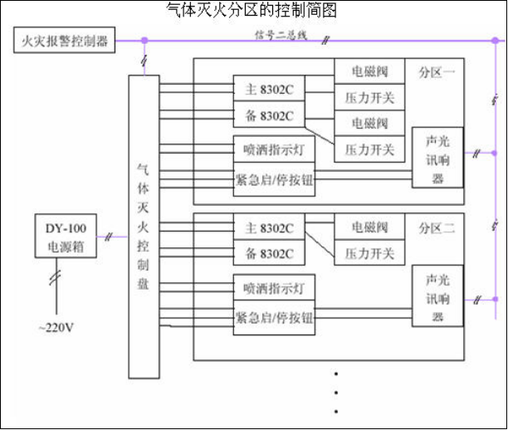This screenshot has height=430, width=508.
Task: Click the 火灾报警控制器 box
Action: coord(64,40)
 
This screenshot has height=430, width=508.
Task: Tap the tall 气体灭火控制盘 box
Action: coord(144,225)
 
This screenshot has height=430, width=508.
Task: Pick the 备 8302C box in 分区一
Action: coord(268,114)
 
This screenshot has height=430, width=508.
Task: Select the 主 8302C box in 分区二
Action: coord(268,227)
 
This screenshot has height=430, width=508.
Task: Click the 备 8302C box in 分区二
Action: coord(268,252)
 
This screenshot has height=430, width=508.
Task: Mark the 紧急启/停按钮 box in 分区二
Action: coord(274,317)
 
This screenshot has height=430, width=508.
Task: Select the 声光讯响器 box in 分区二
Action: coord(437,296)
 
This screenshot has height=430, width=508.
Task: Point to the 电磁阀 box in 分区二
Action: coord(370,227)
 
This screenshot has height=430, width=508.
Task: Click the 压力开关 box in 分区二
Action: coord(370,252)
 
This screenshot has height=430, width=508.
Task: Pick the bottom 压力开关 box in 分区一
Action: coord(370,149)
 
